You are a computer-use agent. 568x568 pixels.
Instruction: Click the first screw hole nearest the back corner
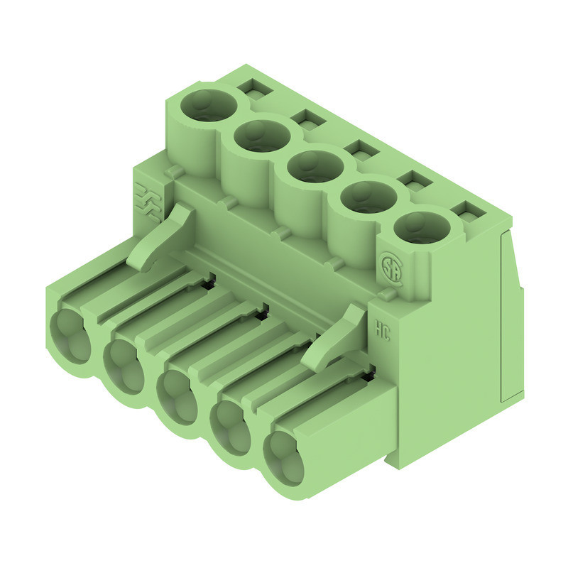coord(208,106)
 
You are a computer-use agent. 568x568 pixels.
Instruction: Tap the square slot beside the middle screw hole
coord(359,149)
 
